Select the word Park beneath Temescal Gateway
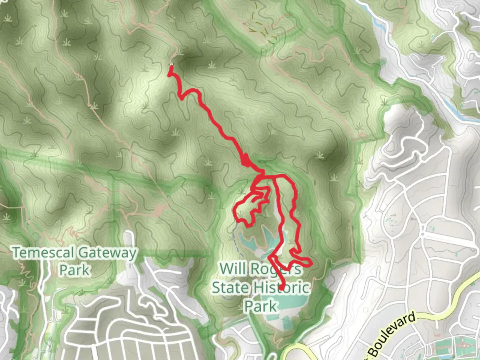75,270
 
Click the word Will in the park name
233,268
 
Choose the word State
231,287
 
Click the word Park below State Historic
261,306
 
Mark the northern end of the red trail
171,67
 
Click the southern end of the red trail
282,288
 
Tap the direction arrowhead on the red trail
246,161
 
